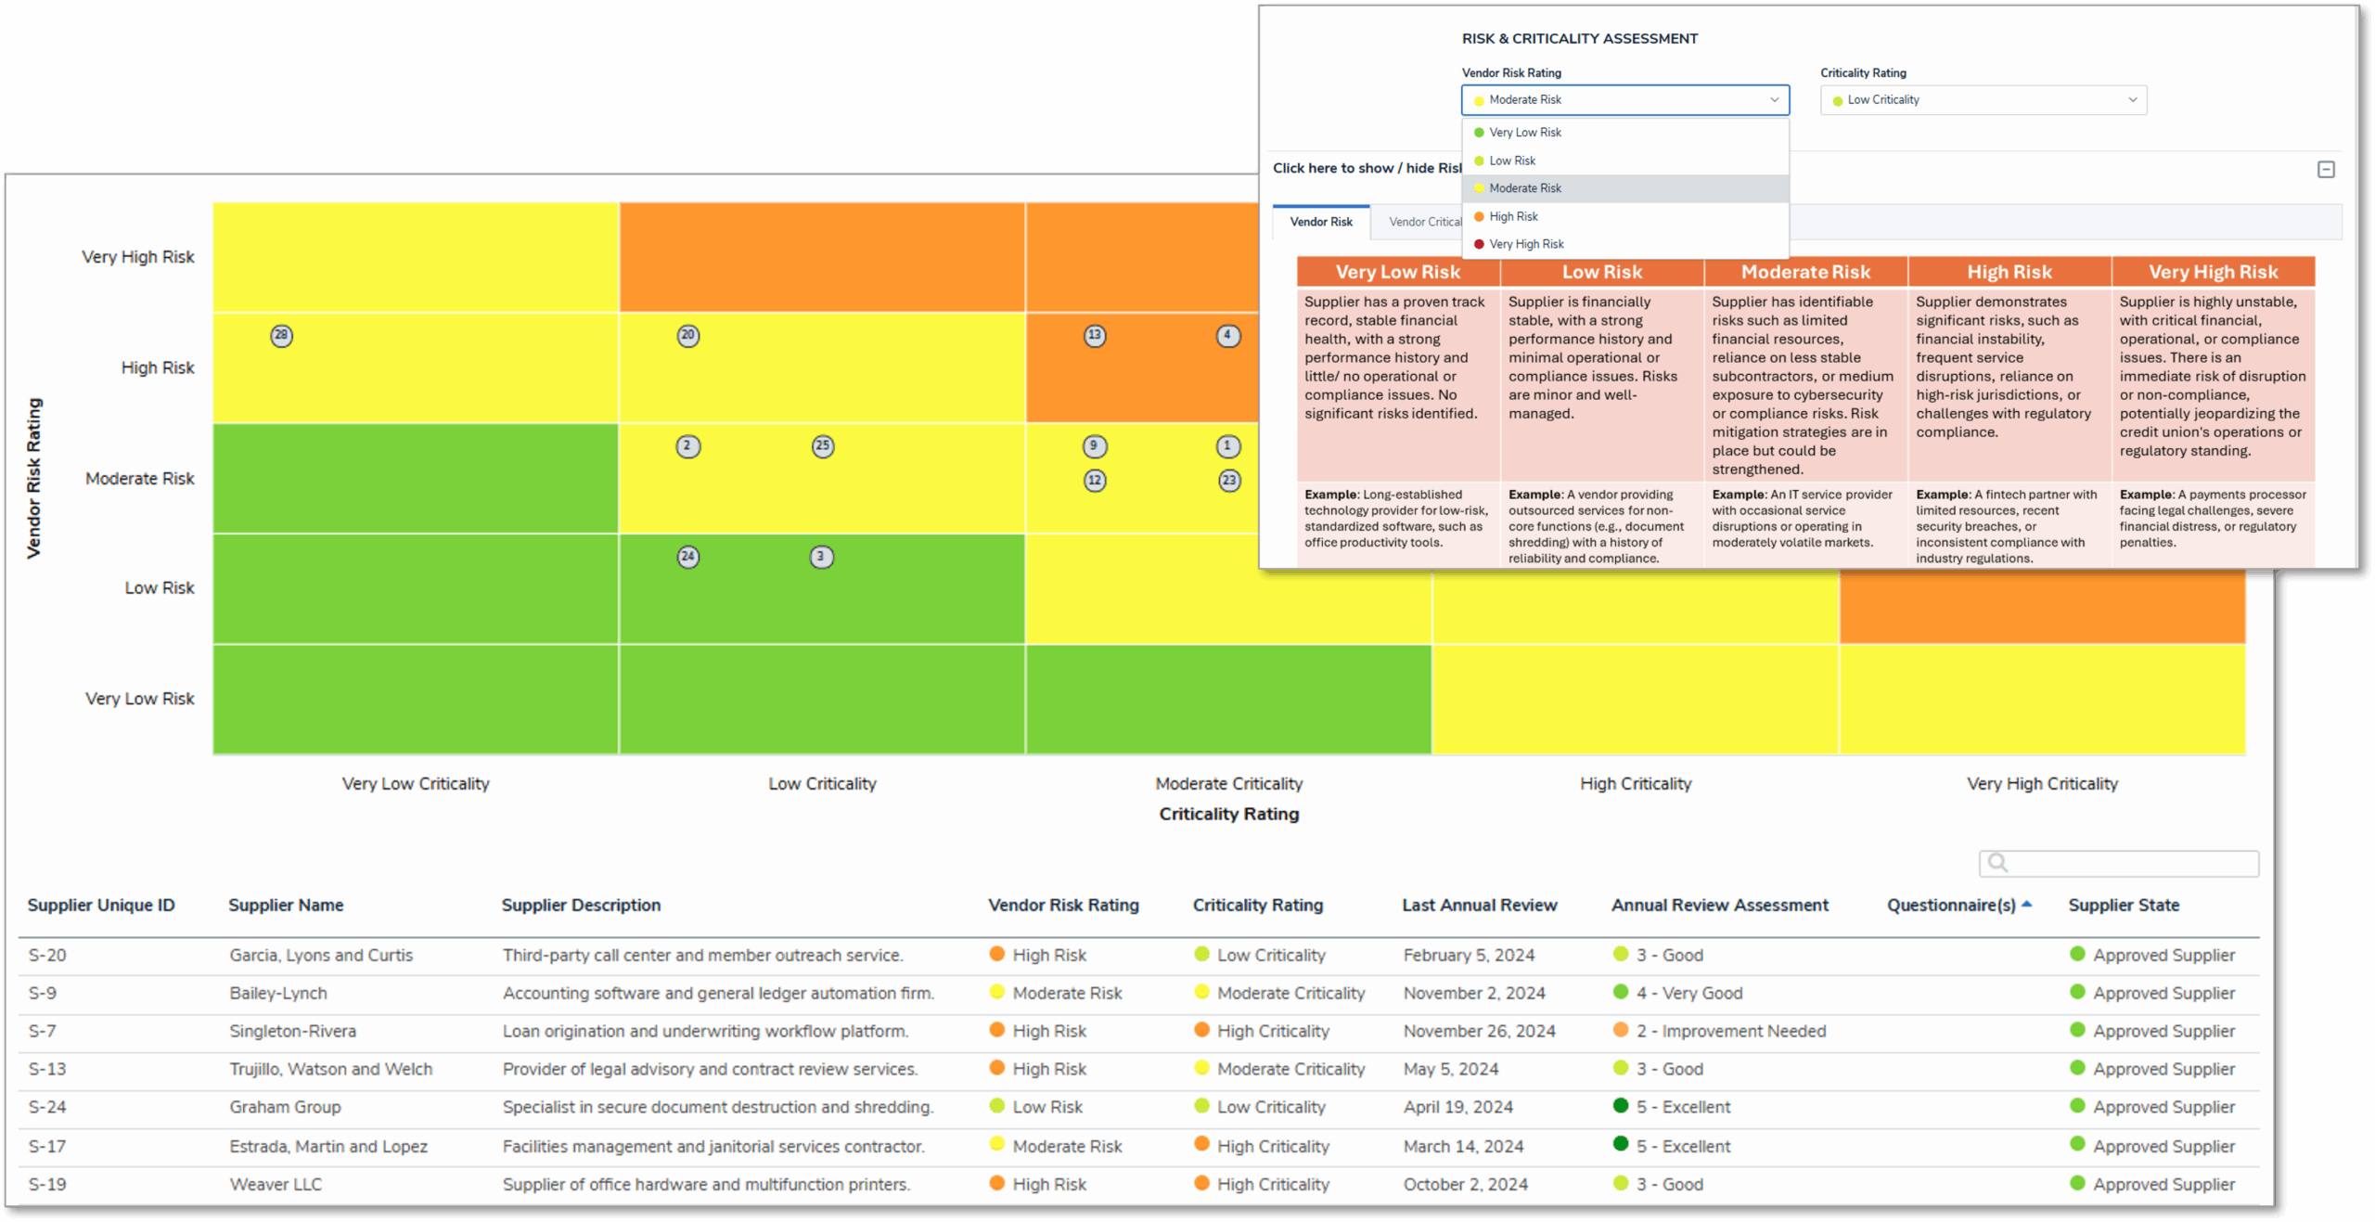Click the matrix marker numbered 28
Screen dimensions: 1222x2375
pos(281,336)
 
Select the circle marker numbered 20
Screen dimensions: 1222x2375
pos(687,336)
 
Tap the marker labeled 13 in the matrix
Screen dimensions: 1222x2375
pos(1095,336)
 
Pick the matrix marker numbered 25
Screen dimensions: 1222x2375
pos(823,446)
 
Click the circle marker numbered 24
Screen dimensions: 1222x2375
pos(687,557)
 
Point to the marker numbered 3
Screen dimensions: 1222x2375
pos(821,557)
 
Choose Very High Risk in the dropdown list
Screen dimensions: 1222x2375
pos(1526,244)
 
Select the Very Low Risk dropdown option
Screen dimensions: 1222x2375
pos(1525,133)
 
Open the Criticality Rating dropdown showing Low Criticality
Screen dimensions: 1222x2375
pos(1983,100)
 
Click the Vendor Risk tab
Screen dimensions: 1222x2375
pos(1321,222)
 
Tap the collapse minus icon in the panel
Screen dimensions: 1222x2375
pos(2326,169)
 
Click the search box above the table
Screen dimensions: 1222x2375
pos(2119,863)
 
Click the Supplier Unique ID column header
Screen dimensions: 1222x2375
pos(101,905)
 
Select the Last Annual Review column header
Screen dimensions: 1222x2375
pos(1479,905)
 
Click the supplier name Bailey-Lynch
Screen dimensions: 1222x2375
pos(278,993)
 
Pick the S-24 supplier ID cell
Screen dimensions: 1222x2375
pos(47,1107)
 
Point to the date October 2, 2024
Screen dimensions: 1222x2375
pos(1465,1184)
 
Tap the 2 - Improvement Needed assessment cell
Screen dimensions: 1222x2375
pos(1730,1031)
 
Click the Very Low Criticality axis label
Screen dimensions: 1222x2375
pos(415,783)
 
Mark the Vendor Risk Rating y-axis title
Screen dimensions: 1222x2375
pos(34,478)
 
